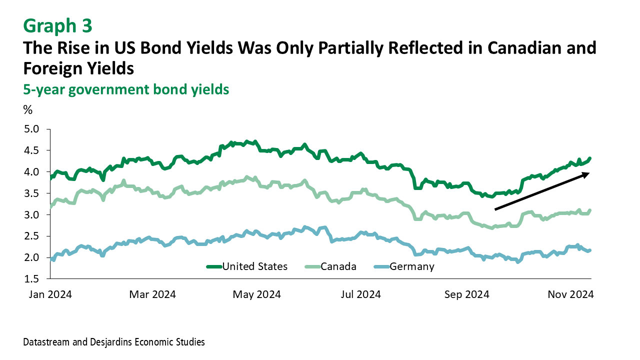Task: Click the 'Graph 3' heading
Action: pyautogui.click(x=57, y=25)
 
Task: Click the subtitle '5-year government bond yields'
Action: pyautogui.click(x=126, y=89)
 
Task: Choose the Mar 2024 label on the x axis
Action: pyautogui.click(x=152, y=294)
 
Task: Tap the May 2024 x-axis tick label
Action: pyautogui.click(x=256, y=294)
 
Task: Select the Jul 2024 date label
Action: pyautogui.click(x=360, y=294)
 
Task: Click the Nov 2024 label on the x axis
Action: pyautogui.click(x=570, y=294)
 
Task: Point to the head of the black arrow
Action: pyautogui.click(x=589, y=173)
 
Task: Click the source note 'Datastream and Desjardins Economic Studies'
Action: pyautogui.click(x=114, y=342)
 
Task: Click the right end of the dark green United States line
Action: pyautogui.click(x=590, y=158)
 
